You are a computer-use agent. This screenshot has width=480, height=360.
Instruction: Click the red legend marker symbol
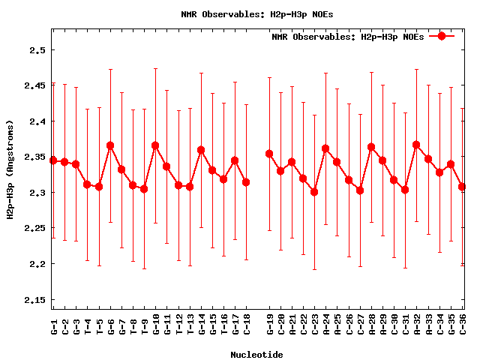(442, 36)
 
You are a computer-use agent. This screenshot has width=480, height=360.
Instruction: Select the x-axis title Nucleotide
(256, 354)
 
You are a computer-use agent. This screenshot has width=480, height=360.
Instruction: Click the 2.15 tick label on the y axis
(34, 300)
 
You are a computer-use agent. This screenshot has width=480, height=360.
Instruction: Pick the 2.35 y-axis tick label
(34, 157)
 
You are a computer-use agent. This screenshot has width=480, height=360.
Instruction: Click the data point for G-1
(53, 160)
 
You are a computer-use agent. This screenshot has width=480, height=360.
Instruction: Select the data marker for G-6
(110, 145)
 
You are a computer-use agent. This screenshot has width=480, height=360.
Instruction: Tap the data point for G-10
(155, 145)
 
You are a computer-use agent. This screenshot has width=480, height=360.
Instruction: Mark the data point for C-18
(246, 182)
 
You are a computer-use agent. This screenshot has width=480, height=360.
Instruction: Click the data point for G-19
(269, 154)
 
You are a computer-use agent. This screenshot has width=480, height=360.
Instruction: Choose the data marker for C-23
(314, 192)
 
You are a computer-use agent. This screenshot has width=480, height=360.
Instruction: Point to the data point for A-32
(416, 145)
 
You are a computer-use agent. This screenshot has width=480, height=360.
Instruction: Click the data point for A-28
(371, 147)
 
